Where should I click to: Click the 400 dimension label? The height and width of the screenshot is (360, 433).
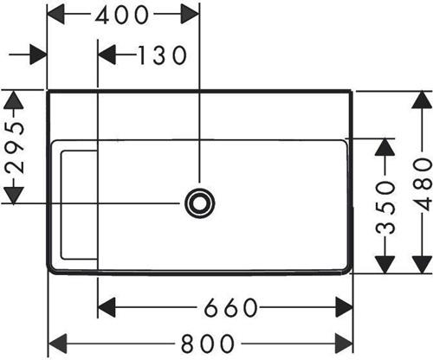122,15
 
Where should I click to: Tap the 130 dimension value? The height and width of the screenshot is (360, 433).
162,55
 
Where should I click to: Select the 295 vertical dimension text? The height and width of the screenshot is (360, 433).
15,147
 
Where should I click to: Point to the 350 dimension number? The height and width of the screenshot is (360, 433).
385,207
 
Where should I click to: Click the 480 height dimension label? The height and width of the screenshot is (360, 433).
423,184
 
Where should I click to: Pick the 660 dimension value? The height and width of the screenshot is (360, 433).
230,307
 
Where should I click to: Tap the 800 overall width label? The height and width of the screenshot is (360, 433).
207,344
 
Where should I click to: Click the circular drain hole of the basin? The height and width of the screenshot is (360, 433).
200,203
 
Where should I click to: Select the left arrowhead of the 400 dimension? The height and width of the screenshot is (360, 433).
56,14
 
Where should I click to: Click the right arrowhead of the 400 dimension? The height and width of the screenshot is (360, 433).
190,14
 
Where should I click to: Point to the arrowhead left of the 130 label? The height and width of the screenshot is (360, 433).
107,55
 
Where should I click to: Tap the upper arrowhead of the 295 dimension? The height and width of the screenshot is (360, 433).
14,100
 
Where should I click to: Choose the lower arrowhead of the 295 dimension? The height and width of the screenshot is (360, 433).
14,196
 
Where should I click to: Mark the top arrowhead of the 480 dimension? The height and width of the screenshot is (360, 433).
422,100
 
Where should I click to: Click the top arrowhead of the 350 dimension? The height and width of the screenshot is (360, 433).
385,147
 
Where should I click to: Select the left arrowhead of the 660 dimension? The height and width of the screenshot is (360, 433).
107,307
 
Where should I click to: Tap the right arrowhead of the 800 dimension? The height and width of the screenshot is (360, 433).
344,344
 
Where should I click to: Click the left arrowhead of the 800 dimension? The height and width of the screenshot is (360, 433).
57,344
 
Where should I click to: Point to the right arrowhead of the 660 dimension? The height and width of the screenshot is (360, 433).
344,307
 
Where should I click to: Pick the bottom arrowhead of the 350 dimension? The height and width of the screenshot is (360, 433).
385,264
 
